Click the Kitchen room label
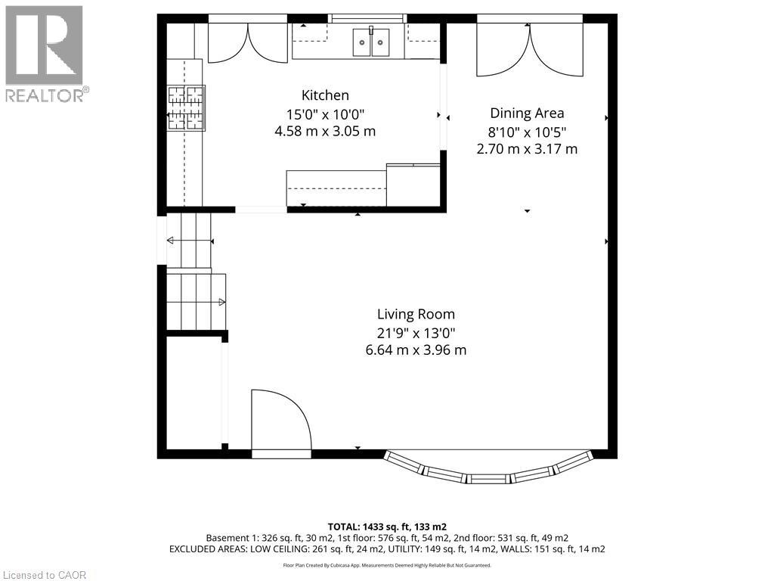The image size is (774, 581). [x=325, y=95]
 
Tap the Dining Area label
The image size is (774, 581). [x=527, y=113]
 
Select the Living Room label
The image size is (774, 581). [x=416, y=314]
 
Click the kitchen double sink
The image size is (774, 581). [x=370, y=42]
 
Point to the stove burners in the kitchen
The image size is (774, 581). [x=186, y=108]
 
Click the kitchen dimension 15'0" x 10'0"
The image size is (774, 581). [x=325, y=115]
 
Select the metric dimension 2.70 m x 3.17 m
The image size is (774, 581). [x=527, y=149]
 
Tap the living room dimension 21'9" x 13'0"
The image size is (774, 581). [x=416, y=333]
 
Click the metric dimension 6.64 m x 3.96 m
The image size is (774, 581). [x=416, y=350]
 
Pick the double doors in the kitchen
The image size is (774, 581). [x=247, y=42]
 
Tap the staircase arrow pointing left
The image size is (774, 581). [x=190, y=241]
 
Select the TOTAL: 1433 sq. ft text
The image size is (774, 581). [x=387, y=527]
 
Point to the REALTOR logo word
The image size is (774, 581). [x=45, y=95]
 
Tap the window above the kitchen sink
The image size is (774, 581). [x=367, y=19]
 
